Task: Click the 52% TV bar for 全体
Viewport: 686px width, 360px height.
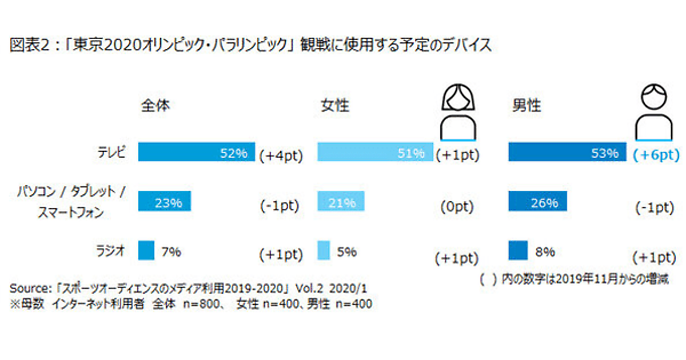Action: coord(196,152)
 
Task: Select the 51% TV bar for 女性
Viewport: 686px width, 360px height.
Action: coord(375,152)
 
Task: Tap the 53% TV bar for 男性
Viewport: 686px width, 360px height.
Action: coord(567,152)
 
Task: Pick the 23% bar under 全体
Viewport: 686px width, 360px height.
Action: coord(165,201)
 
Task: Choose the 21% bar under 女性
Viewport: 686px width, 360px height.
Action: coord(341,201)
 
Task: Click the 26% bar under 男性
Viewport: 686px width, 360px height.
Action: coord(537,201)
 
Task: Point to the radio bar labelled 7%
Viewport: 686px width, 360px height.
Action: coord(147,250)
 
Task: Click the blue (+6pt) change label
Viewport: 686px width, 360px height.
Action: coord(656,155)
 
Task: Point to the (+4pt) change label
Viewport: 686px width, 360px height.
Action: coord(280,155)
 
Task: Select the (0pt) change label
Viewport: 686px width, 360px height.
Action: coord(457,207)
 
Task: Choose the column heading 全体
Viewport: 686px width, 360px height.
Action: coord(155,106)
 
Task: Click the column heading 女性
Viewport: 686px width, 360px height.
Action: coord(335,106)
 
